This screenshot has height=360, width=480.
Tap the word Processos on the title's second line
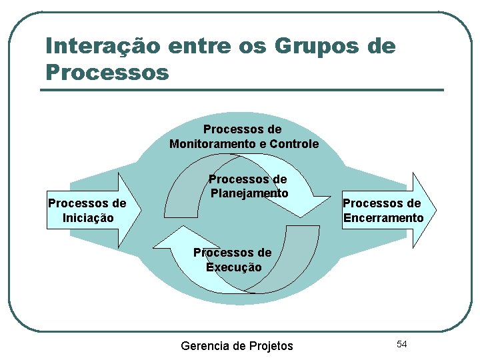click(107, 71)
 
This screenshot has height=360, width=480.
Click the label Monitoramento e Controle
click(243, 144)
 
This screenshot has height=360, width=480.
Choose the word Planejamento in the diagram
click(249, 193)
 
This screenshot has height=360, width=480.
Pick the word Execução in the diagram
click(233, 267)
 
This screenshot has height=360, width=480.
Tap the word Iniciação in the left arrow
click(87, 218)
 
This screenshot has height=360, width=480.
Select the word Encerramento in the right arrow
click(383, 218)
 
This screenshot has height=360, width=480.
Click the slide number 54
click(401, 344)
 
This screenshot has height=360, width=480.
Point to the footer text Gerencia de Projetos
click(237, 346)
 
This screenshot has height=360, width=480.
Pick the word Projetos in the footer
click(271, 346)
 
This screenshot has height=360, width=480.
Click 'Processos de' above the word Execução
click(232, 253)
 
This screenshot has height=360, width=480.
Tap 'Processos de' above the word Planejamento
click(247, 179)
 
